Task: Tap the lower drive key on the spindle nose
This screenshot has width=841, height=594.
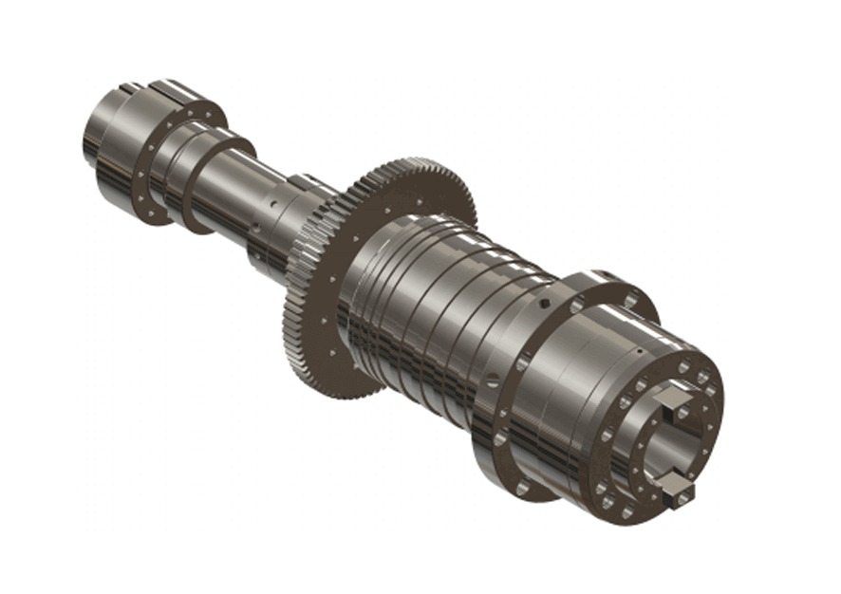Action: click(x=680, y=489)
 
